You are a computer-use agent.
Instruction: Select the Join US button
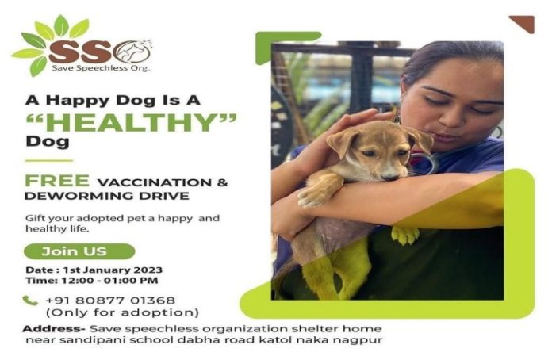[x=77, y=252]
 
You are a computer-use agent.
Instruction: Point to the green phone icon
[x=30, y=301]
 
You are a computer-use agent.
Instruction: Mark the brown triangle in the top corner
[x=523, y=22]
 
